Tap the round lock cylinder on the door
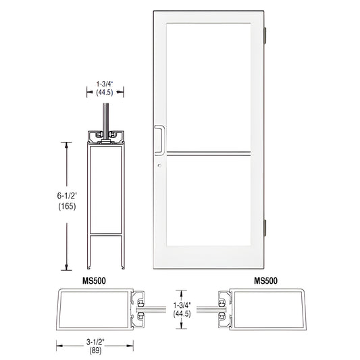[x=160, y=166]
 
